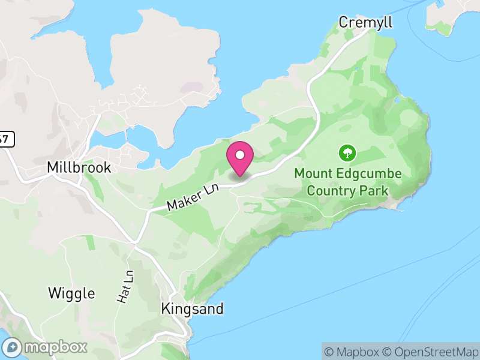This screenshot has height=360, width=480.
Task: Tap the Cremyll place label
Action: [x=365, y=22]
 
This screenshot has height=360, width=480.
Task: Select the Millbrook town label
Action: [x=79, y=167]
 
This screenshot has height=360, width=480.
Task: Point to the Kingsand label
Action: [x=192, y=309]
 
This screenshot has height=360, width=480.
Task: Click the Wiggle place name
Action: [x=71, y=293]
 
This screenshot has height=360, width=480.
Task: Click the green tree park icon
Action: [x=347, y=153]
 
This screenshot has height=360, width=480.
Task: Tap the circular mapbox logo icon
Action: [x=12, y=347]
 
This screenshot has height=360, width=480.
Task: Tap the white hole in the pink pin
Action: [x=240, y=155]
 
